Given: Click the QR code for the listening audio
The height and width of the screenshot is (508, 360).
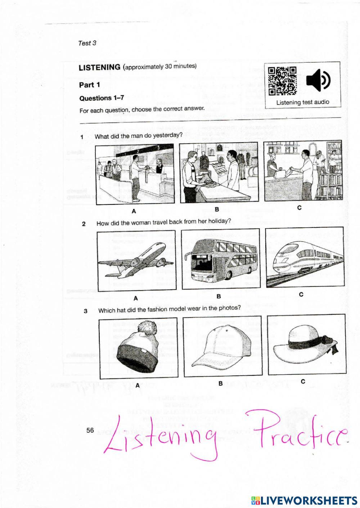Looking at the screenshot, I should click(x=282, y=81).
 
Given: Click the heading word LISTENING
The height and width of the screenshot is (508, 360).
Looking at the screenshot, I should click(x=99, y=67).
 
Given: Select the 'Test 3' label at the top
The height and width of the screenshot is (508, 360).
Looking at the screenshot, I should click(x=87, y=43).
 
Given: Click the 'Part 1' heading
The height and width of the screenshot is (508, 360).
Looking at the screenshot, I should click(x=89, y=85).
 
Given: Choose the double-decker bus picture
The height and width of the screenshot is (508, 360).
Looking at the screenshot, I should click(x=220, y=259).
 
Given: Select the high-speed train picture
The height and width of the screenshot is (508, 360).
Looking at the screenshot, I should click(x=305, y=257).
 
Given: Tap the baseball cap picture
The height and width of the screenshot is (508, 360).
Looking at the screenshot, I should click(x=222, y=346).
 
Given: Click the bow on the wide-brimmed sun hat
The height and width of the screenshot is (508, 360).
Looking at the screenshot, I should click(x=329, y=340).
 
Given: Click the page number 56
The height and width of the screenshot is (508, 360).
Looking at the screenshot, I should click(x=90, y=430).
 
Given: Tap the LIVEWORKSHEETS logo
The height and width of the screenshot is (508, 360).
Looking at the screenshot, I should click(x=304, y=500).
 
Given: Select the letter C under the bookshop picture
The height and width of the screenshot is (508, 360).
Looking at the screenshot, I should click(x=299, y=208).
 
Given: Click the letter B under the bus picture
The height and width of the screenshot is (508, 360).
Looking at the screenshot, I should click(x=219, y=296).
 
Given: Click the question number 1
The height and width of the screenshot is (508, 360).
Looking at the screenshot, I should click(x=82, y=137).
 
